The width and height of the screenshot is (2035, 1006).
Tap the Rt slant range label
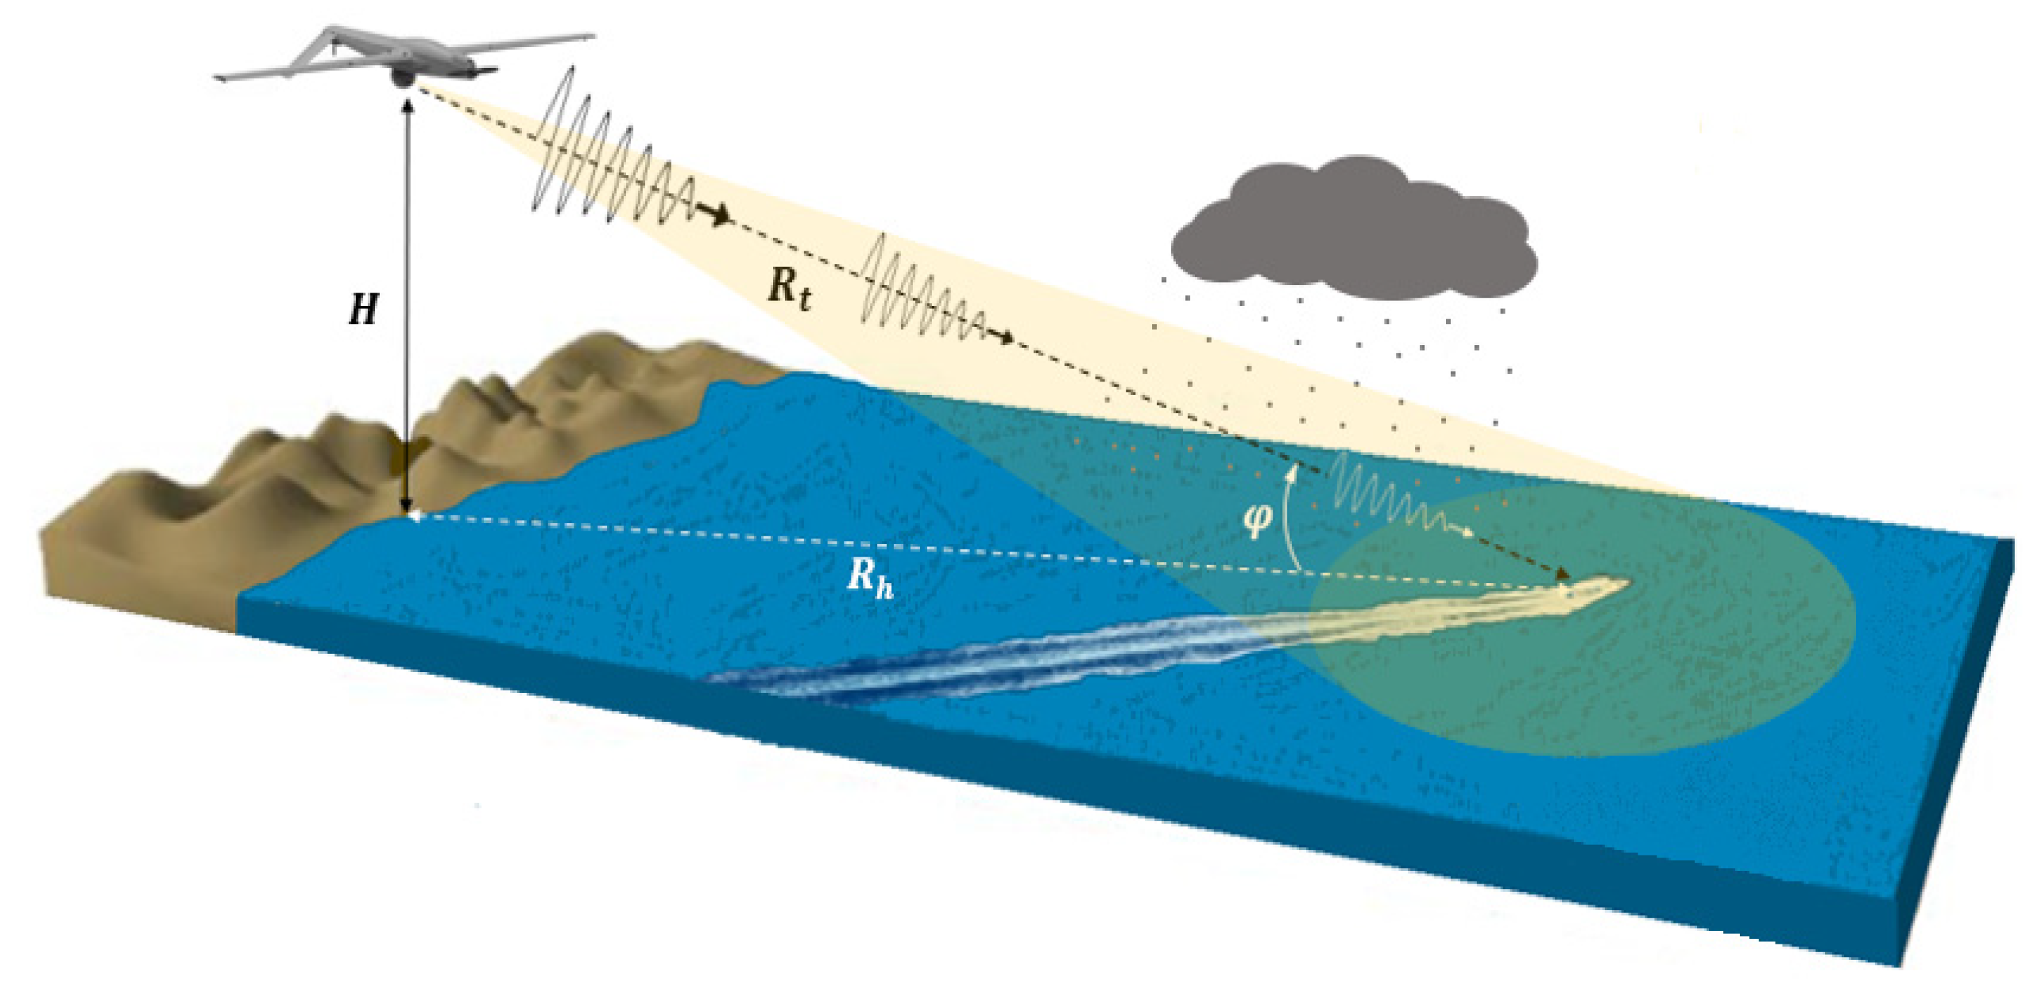tap(788, 288)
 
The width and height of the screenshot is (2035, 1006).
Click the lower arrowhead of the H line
tap(408, 509)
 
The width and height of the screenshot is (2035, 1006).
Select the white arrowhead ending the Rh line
tap(414, 516)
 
